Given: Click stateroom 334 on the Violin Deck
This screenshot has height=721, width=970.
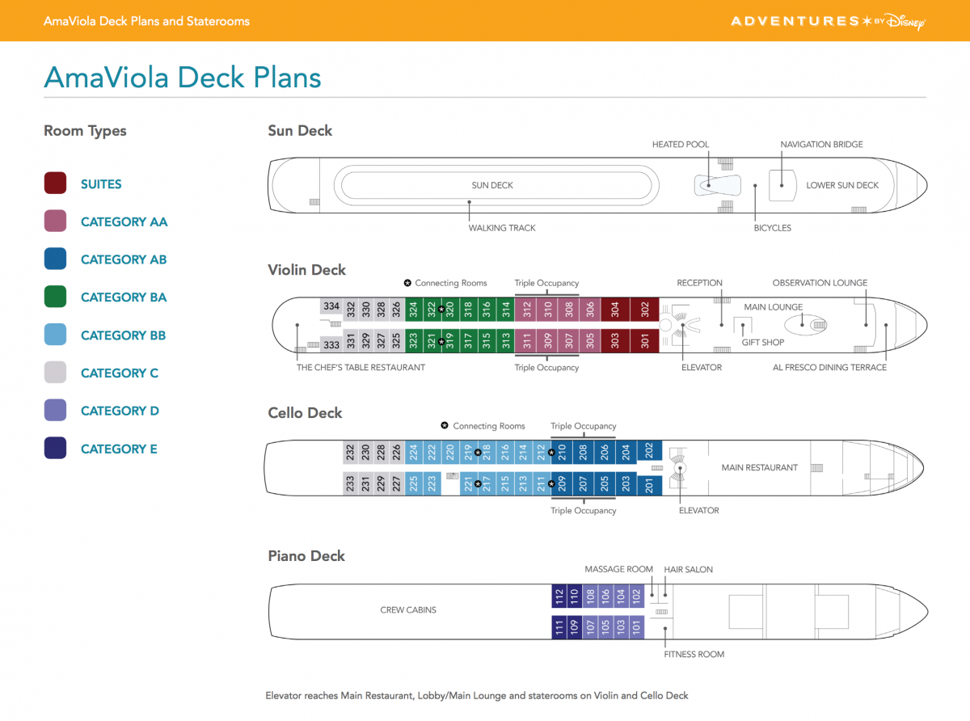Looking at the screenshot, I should [x=331, y=307].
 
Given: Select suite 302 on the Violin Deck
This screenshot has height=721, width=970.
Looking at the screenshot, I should [x=645, y=310].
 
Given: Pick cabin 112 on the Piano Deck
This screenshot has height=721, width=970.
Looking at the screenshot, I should [x=559, y=597].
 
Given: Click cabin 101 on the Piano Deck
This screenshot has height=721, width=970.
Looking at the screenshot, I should [x=636, y=626].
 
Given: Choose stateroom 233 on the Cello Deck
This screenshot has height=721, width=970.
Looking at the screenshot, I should [x=351, y=484].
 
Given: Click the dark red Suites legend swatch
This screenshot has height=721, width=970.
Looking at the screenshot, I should [x=55, y=183].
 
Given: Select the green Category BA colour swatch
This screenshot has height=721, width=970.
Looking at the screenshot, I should [x=55, y=297].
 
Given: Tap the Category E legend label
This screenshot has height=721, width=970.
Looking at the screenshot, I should [x=119, y=449].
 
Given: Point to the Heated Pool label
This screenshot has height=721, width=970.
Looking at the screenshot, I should [x=681, y=145].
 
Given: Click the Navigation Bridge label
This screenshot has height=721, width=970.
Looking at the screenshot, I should [x=821, y=145].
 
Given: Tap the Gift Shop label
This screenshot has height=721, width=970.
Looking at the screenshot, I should [x=763, y=343].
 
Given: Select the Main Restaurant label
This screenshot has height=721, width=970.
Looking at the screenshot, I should [x=759, y=467].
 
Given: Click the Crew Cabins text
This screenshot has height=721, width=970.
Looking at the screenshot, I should [x=408, y=609].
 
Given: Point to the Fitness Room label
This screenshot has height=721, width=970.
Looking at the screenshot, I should [x=694, y=654].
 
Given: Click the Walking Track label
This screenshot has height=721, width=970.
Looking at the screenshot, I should [x=502, y=228].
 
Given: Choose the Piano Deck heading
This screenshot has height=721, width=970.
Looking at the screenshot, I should [x=306, y=556].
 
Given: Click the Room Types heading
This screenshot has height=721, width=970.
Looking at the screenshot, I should [x=85, y=131].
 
